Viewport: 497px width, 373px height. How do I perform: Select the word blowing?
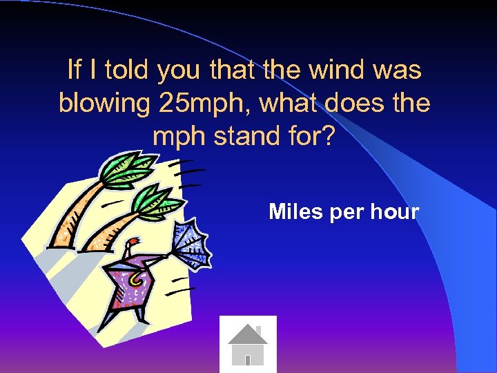104,104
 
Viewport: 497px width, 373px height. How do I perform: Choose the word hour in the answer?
395,211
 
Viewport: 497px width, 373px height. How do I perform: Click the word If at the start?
74,70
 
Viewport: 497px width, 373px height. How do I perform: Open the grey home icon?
248,344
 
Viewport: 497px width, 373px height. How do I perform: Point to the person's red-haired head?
130,246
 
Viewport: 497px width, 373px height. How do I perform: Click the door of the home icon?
247,359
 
